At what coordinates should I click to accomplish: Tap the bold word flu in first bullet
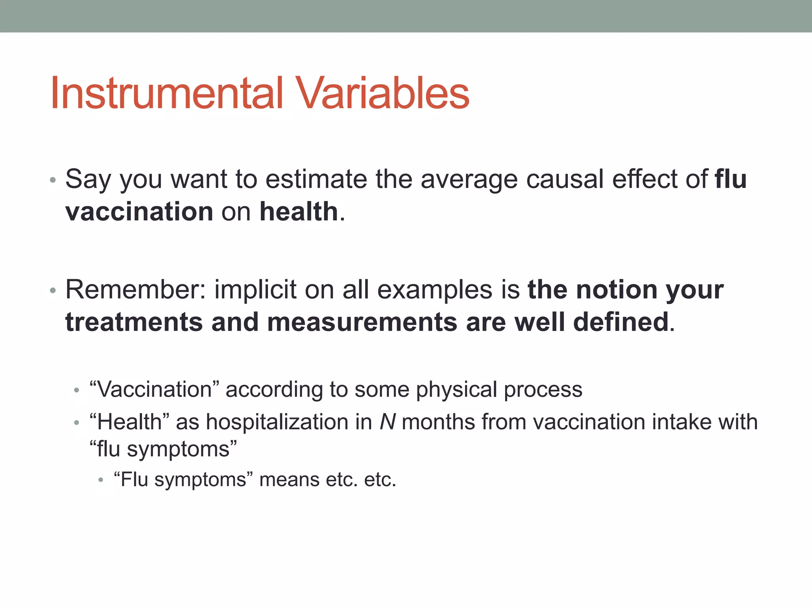[x=731, y=179]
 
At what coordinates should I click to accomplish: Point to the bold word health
[x=299, y=211]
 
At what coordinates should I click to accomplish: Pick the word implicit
[x=255, y=289]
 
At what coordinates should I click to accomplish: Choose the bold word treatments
[x=134, y=322]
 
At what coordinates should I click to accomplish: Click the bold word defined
[x=621, y=322]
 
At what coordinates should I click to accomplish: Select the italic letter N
[x=387, y=422]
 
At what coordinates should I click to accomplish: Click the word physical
[x=456, y=389]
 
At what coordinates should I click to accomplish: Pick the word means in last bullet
[x=289, y=480]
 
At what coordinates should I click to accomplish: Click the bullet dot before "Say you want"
[x=53, y=180]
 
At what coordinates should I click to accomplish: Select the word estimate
[x=316, y=179]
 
